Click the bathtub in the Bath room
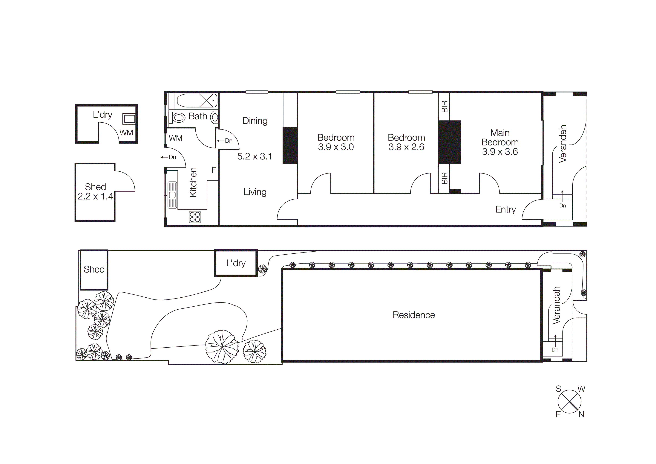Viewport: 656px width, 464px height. pyautogui.click(x=197, y=101)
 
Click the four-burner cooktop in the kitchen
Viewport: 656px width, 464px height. pyautogui.click(x=195, y=217)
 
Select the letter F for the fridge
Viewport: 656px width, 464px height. pyautogui.click(x=213, y=170)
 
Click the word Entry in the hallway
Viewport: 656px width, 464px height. pyautogui.click(x=505, y=210)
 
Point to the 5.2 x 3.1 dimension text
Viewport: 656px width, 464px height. pyautogui.click(x=255, y=156)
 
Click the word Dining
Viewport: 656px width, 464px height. pyautogui.click(x=255, y=121)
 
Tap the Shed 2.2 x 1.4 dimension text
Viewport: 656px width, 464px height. pyautogui.click(x=95, y=196)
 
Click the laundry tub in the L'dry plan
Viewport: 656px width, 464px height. pyautogui.click(x=129, y=119)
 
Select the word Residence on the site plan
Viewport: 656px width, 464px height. pyautogui.click(x=413, y=315)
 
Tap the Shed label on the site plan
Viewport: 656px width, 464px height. pyautogui.click(x=94, y=269)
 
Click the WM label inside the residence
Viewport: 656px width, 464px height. pyautogui.click(x=175, y=138)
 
